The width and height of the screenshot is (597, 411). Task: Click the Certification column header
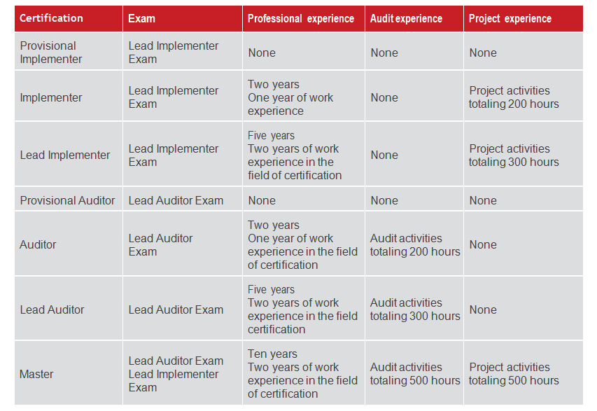tap(51, 18)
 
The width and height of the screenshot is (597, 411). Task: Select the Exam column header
tap(142, 19)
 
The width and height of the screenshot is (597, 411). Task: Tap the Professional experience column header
tap(301, 19)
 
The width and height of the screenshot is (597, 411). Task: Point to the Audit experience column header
tap(406, 19)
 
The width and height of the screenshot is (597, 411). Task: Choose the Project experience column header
tap(510, 19)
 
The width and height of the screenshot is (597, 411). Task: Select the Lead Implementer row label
tap(65, 155)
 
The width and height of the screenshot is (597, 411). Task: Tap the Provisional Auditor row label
tap(67, 200)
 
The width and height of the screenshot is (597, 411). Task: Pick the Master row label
tap(36, 374)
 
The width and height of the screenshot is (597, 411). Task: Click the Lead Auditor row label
tap(52, 309)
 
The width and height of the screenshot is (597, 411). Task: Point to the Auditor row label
tap(38, 244)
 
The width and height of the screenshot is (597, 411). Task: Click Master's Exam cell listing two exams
tap(176, 374)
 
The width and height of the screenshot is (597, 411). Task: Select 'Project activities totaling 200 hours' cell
tap(514, 97)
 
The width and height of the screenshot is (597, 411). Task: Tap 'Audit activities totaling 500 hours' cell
tap(415, 374)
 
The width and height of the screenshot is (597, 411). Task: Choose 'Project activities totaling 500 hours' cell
tap(514, 374)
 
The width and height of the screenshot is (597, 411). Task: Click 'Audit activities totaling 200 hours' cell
tap(415, 245)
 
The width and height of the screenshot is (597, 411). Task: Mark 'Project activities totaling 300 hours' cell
tap(514, 155)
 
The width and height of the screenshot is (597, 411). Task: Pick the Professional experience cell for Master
tap(302, 374)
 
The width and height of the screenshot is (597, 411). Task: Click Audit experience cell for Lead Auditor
tap(415, 309)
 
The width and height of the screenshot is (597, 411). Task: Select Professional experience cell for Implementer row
tap(290, 97)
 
